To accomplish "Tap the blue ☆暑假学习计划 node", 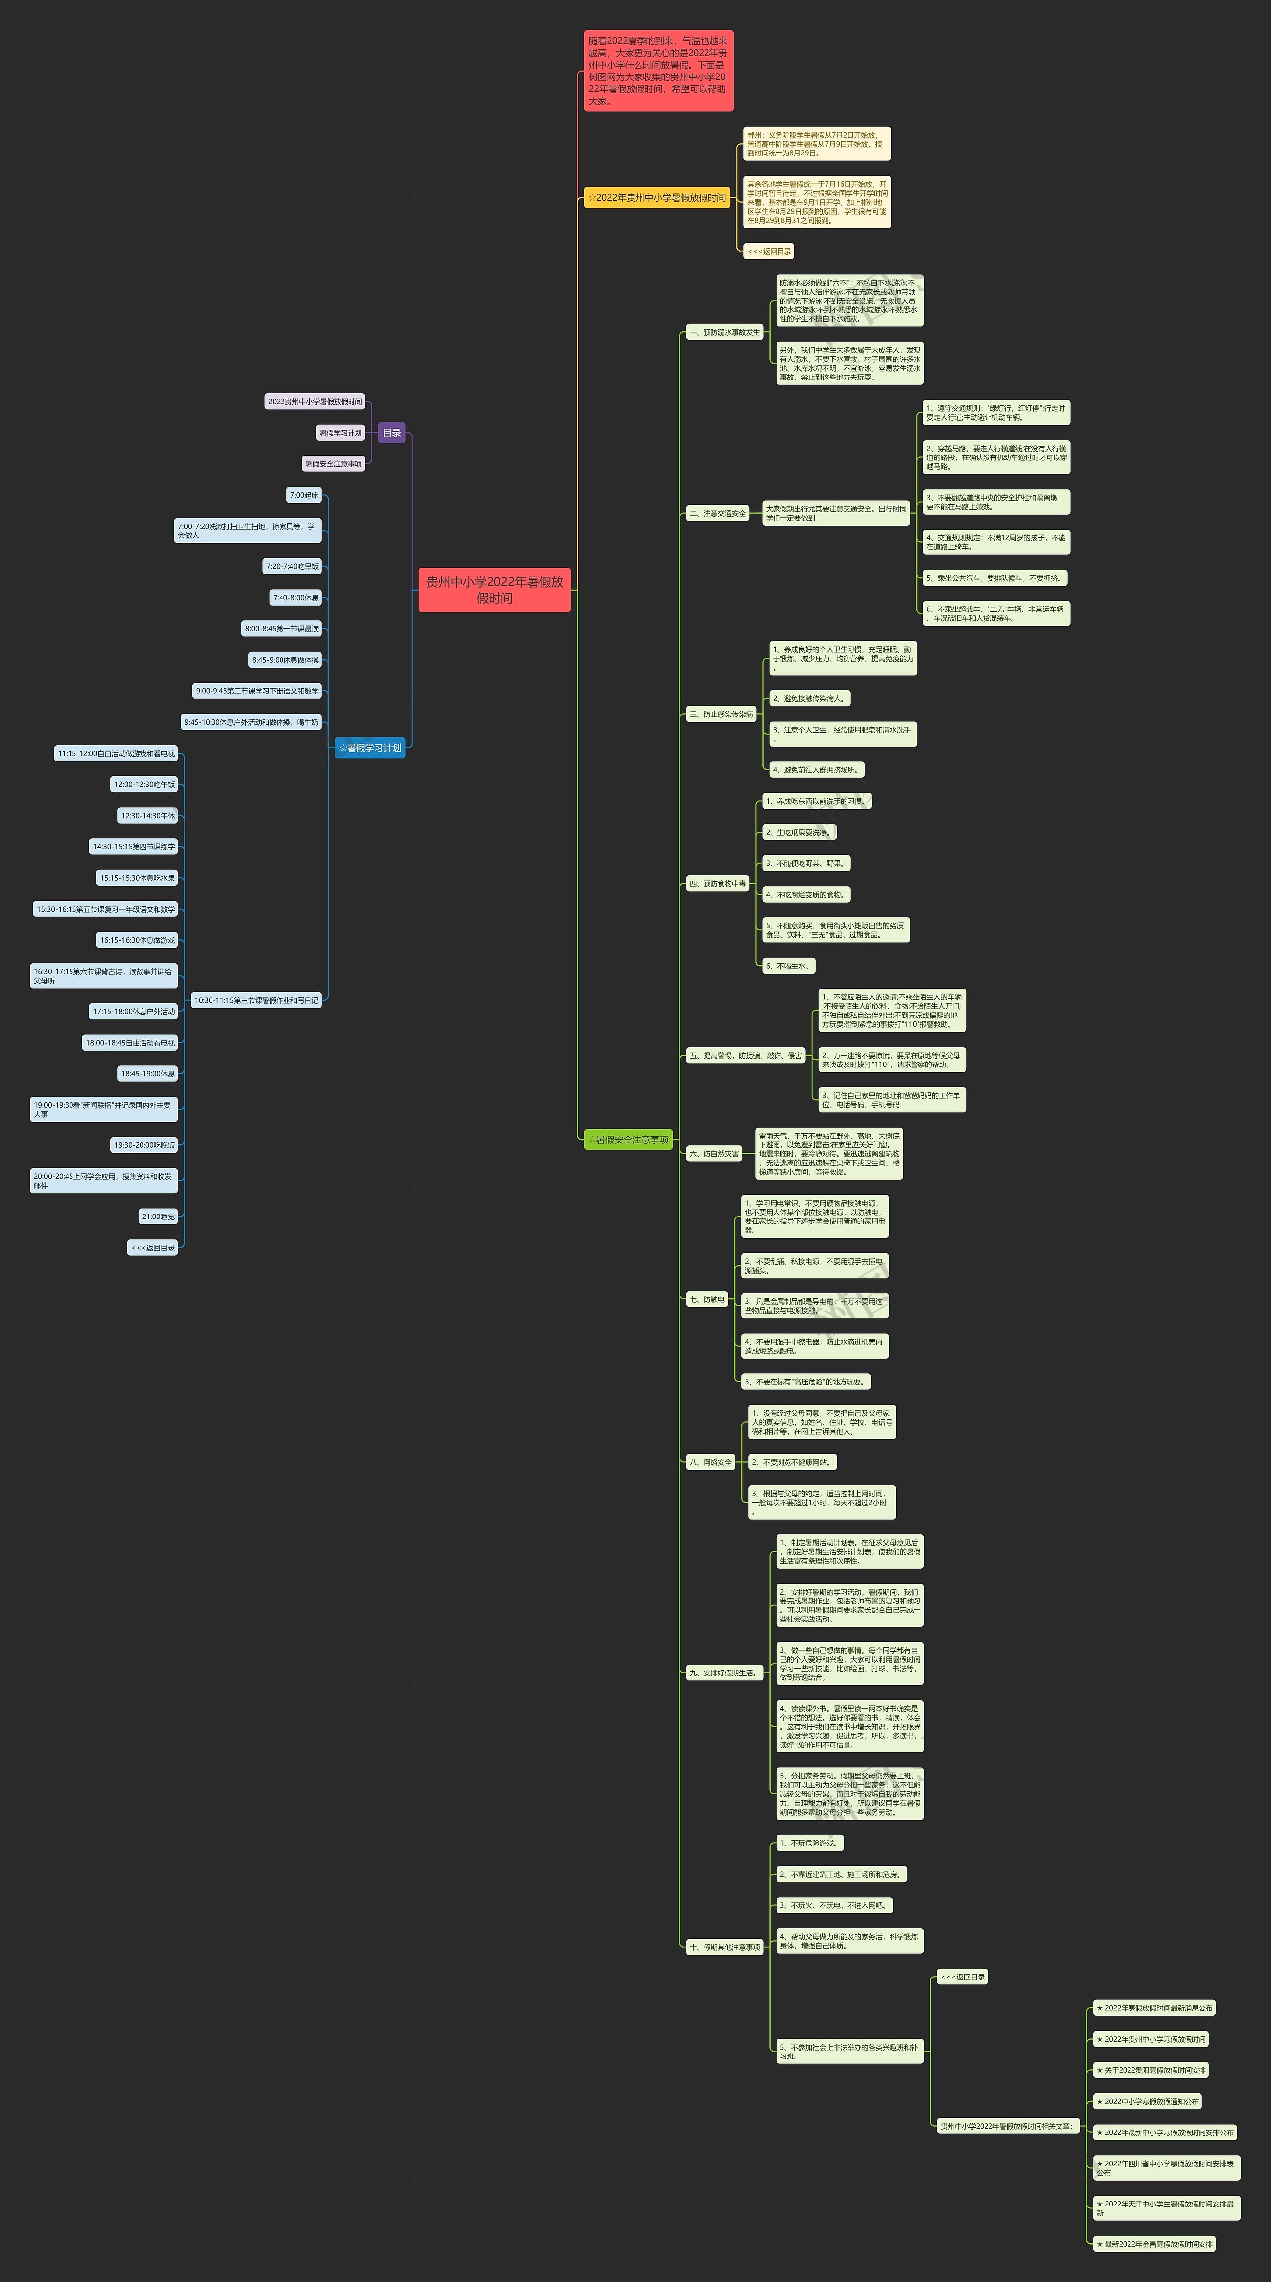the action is pyautogui.click(x=369, y=748).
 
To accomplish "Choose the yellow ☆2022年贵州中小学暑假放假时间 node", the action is pyautogui.click(x=656, y=198).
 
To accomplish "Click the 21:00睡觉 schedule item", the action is pyautogui.click(x=158, y=1217).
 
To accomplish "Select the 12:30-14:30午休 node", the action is pyautogui.click(x=148, y=815).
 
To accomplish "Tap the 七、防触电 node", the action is pyautogui.click(x=707, y=1299).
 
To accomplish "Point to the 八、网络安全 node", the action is pyautogui.click(x=710, y=1462).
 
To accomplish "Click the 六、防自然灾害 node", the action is pyautogui.click(x=714, y=1153).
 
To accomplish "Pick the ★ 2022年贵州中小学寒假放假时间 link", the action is pyautogui.click(x=1150, y=2039).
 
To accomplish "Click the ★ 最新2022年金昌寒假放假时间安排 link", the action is pyautogui.click(x=1154, y=2244).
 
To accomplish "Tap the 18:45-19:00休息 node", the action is pyautogui.click(x=148, y=1073).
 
